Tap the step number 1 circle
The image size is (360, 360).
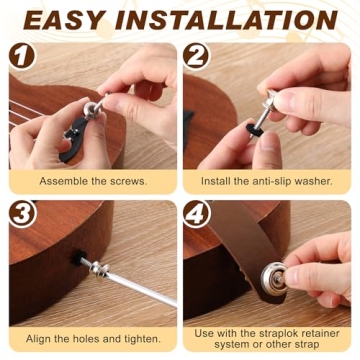pyautogui.click(x=24, y=57)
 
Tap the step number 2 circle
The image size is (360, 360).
pyautogui.click(x=197, y=57)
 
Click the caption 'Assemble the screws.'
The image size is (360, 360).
pyautogui.click(x=93, y=181)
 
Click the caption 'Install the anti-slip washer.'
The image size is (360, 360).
pyautogui.click(x=267, y=181)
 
